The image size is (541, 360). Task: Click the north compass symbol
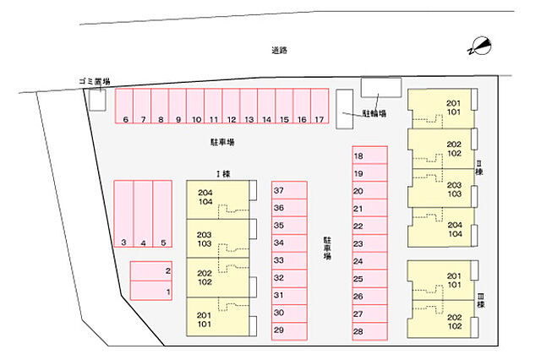[479, 46]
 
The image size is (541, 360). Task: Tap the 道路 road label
[279, 51]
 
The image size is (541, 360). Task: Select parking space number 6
[124, 106]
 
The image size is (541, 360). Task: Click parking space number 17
[320, 106]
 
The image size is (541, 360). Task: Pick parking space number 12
[231, 106]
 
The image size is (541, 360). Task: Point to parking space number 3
[123, 214]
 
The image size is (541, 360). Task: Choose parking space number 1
[151, 291]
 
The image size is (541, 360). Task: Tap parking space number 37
[289, 190]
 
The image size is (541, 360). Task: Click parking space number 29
[289, 331]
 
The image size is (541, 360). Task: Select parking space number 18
[369, 155]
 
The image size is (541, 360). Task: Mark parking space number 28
[369, 331]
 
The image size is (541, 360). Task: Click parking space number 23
[369, 243]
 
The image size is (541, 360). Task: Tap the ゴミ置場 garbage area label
[94, 82]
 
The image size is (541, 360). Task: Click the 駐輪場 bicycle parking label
[374, 113]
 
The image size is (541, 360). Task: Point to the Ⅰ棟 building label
[223, 174]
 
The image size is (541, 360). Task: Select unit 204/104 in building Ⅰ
[217, 199]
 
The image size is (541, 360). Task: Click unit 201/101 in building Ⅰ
[217, 317]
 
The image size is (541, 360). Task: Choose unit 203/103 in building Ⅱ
[440, 188]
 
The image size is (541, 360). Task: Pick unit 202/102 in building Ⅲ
[440, 319]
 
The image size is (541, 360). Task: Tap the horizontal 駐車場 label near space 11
[222, 142]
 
